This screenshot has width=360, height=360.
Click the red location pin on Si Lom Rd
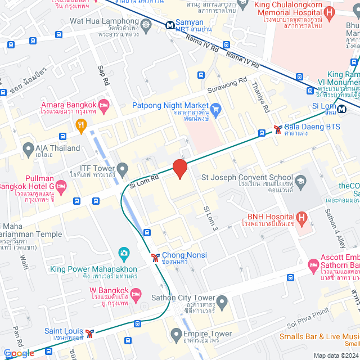click(x=179, y=168)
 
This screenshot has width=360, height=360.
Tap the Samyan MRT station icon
click(x=169, y=25)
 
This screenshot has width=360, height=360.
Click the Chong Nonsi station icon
click(x=155, y=258)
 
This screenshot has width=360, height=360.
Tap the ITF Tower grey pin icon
click(x=123, y=168)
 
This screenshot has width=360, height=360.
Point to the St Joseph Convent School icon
click(x=301, y=180)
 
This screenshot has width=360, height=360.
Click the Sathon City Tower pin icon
click(x=222, y=303)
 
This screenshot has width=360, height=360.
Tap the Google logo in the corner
click(x=18, y=353)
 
